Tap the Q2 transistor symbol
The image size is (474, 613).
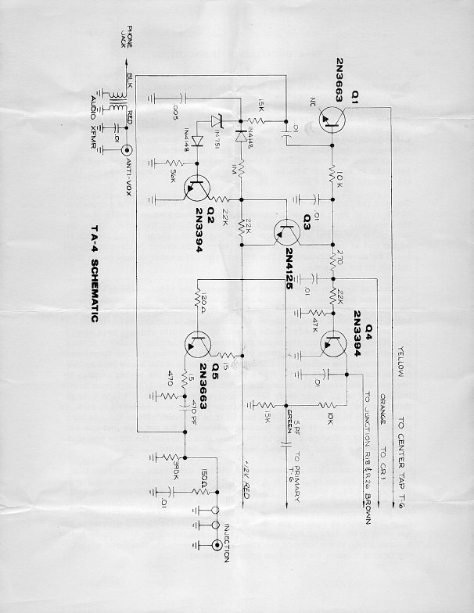(198, 188)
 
